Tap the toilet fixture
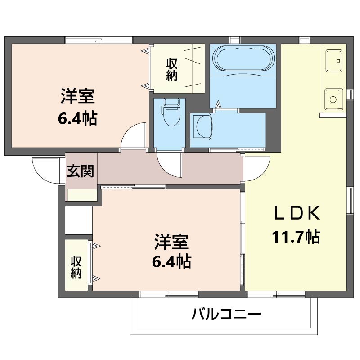point(171,112)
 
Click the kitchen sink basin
point(334,61)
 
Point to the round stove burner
point(333,99)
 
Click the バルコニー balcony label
point(226,314)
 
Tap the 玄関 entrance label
point(81,171)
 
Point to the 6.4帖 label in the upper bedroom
point(77,118)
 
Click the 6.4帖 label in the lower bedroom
point(171,261)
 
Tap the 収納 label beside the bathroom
point(172,69)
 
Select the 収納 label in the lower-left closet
point(76,267)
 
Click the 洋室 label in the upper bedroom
point(77,96)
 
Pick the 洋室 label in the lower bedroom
point(171,242)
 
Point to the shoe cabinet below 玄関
point(82,195)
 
